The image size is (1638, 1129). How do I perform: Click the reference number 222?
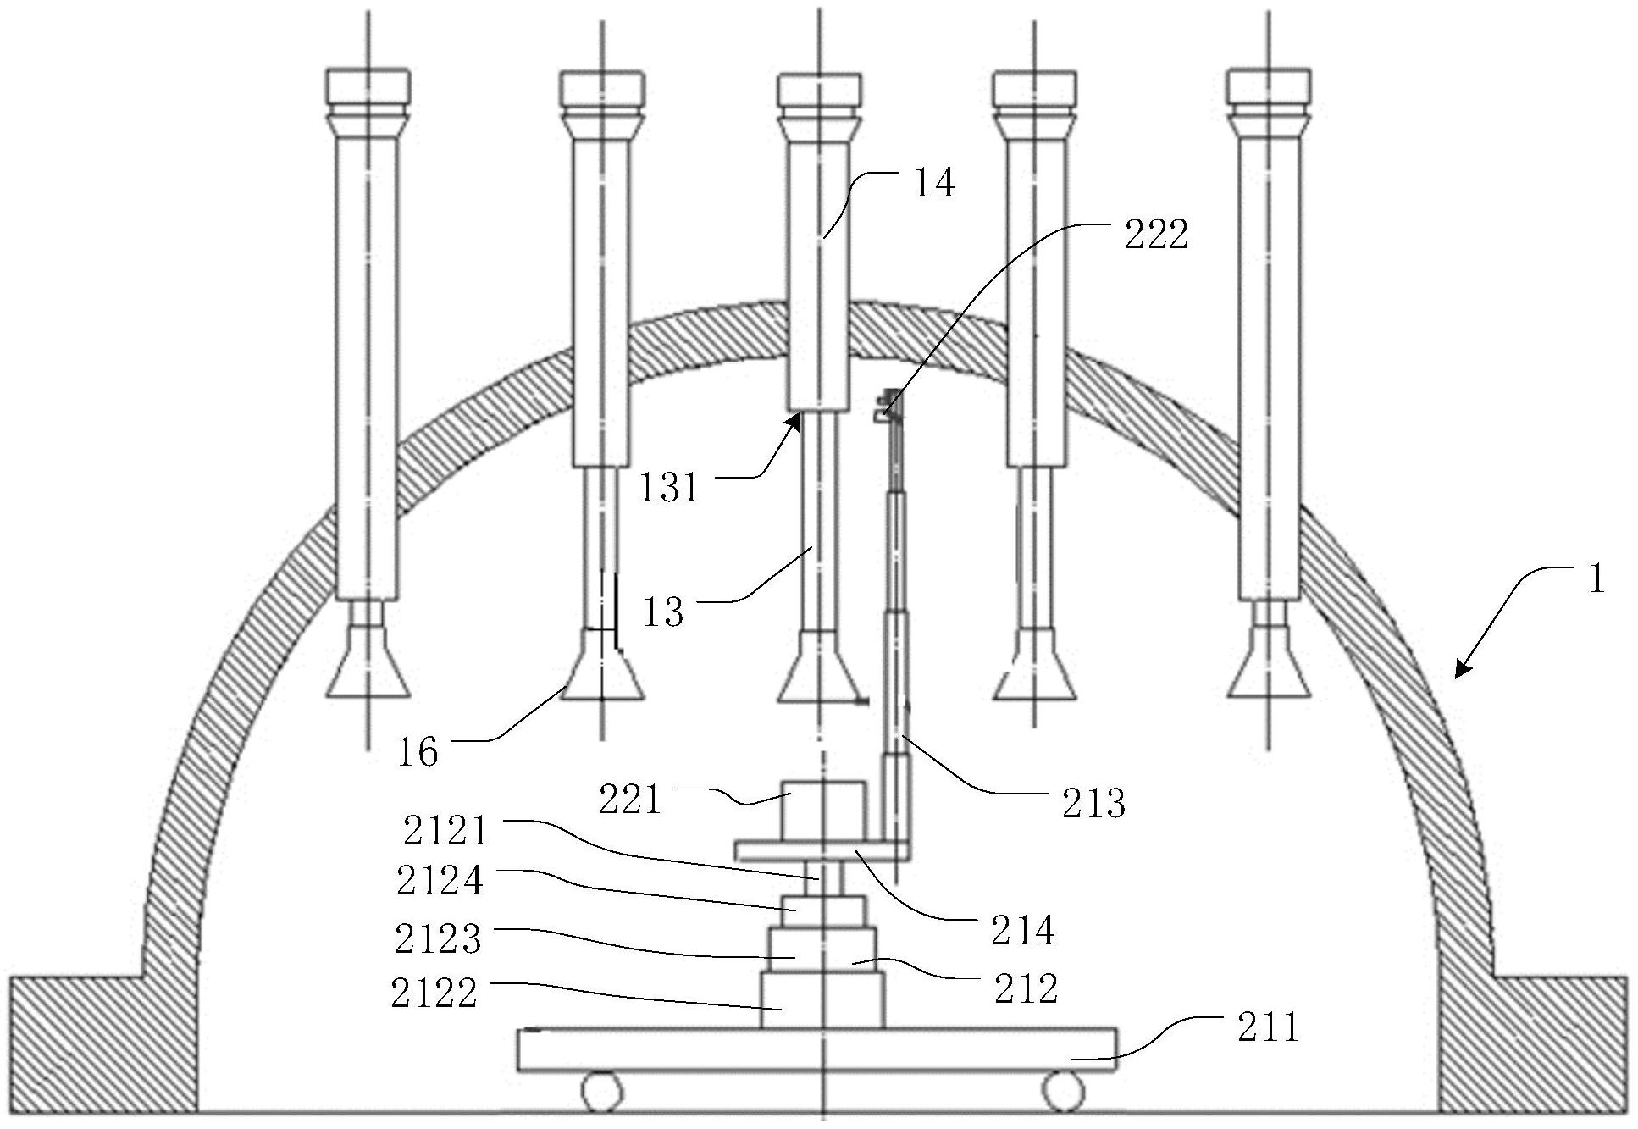click(x=1156, y=235)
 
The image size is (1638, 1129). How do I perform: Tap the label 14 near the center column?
click(x=934, y=184)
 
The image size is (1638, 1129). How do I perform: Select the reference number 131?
click(x=668, y=489)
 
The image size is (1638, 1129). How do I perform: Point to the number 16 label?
click(x=418, y=752)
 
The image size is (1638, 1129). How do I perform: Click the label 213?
click(x=1094, y=803)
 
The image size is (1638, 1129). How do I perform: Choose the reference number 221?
click(x=629, y=799)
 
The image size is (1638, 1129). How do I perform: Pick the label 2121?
click(x=445, y=831)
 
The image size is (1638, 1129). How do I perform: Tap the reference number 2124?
click(x=440, y=881)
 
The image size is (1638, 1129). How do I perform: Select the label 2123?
click(x=438, y=938)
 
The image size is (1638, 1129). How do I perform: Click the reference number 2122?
click(x=434, y=993)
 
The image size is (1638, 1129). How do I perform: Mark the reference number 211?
click(x=1268, y=1028)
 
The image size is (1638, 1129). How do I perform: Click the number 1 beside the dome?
click(x=1596, y=581)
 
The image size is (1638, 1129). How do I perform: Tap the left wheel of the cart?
click(x=601, y=1090)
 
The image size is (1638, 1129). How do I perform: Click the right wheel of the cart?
click(x=1065, y=1090)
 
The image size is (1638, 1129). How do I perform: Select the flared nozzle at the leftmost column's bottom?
click(x=368, y=661)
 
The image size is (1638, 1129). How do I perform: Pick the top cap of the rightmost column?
click(x=1268, y=91)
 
